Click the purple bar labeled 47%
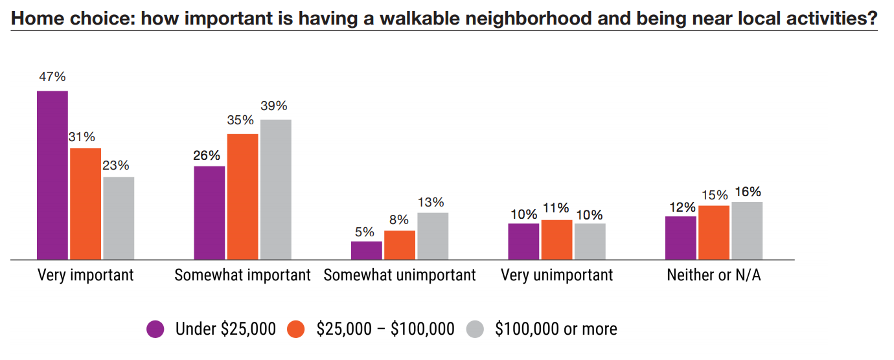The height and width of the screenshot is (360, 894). coord(52,175)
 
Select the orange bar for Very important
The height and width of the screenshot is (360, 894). coord(86,203)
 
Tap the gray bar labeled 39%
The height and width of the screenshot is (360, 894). coord(276,189)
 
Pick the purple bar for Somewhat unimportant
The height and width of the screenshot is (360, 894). coord(367,250)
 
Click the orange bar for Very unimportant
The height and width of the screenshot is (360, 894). coord(556,240)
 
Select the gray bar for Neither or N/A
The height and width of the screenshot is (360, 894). coord(747,231)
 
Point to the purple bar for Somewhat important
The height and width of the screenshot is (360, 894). coord(209,212)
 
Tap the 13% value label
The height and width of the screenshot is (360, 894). coord(431,202)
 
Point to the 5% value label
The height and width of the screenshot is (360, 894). coord(364,231)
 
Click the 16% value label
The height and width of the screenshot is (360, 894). coord(748,192)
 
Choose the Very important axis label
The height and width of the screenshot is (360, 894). coord(86,275)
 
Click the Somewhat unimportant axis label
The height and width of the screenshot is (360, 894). coord(400,275)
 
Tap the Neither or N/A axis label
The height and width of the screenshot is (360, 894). coord(714,275)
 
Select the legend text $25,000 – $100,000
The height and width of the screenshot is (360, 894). coord(385,329)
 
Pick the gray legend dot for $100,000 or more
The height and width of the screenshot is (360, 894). coord(475,329)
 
